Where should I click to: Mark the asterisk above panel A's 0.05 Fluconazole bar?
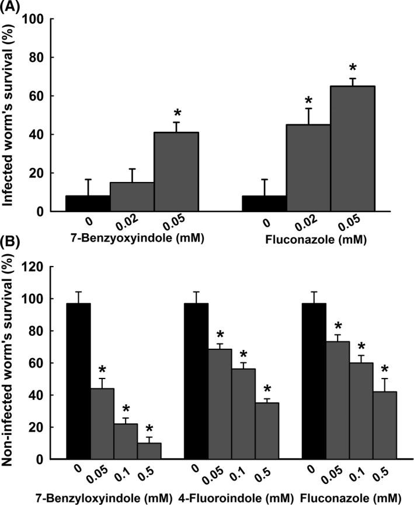pyautogui.click(x=353, y=65)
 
